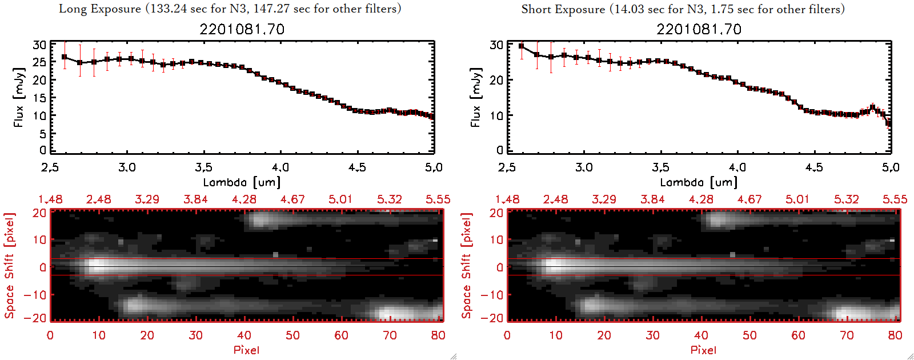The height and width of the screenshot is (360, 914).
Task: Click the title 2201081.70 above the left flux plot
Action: click(x=242, y=29)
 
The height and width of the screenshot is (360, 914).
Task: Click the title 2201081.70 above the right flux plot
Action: click(x=699, y=29)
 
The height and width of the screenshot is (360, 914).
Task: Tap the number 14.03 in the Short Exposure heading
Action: click(x=630, y=9)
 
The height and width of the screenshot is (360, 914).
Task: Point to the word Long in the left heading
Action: click(x=73, y=9)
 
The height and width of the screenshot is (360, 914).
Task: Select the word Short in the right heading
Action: click(x=536, y=9)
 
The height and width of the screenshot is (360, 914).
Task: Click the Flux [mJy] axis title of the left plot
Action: click(x=19, y=98)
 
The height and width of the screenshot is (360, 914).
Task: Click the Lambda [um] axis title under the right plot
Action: click(x=699, y=182)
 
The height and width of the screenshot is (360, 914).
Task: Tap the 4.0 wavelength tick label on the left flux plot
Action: click(x=280, y=167)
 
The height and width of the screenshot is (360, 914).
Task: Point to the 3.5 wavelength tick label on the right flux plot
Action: click(x=660, y=167)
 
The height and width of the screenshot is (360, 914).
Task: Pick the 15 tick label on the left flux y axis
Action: click(x=39, y=98)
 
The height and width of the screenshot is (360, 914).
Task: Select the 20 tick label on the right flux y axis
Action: click(x=496, y=80)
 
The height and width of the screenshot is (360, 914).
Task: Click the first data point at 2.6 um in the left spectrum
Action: click(x=64, y=57)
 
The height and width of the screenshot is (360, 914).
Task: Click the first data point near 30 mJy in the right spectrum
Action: click(x=521, y=46)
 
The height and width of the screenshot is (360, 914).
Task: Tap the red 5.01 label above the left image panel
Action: click(x=340, y=199)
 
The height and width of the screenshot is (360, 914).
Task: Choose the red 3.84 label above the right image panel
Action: click(x=652, y=199)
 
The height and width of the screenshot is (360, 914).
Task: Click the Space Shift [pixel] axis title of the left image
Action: click(x=9, y=266)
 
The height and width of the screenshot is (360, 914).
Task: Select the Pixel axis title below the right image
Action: click(x=703, y=350)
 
